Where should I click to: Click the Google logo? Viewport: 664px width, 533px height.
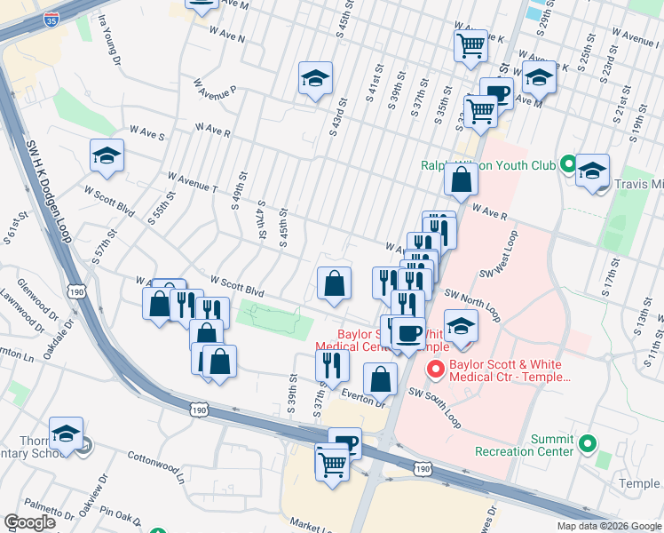click(x=29, y=522)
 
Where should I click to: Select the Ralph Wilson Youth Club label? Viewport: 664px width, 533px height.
click(x=488, y=166)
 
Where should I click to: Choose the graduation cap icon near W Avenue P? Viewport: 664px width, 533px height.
click(x=315, y=79)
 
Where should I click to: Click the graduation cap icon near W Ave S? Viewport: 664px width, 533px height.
click(x=107, y=156)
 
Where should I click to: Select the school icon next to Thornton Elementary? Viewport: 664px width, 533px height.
click(x=66, y=434)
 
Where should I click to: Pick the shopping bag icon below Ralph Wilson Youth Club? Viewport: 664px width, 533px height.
click(x=462, y=180)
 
